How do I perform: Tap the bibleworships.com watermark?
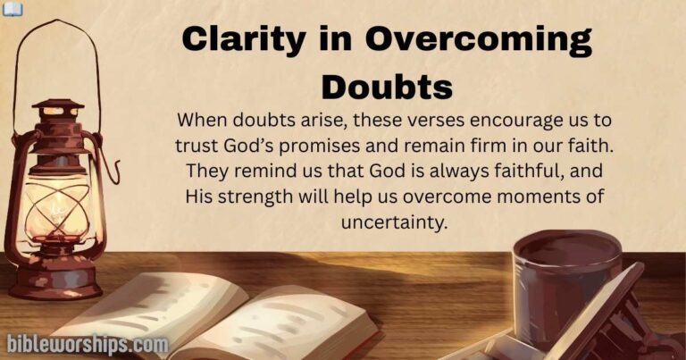point(87,343)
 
